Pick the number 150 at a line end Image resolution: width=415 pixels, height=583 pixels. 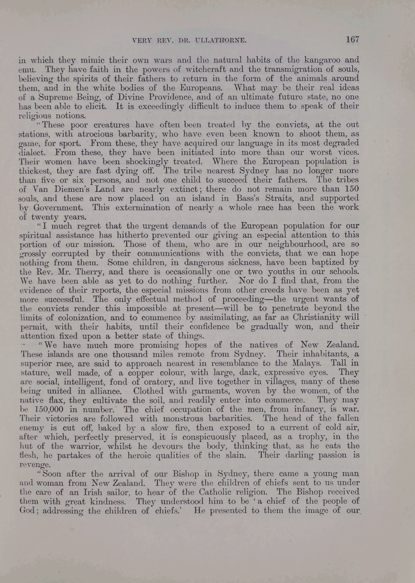point(351,189)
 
